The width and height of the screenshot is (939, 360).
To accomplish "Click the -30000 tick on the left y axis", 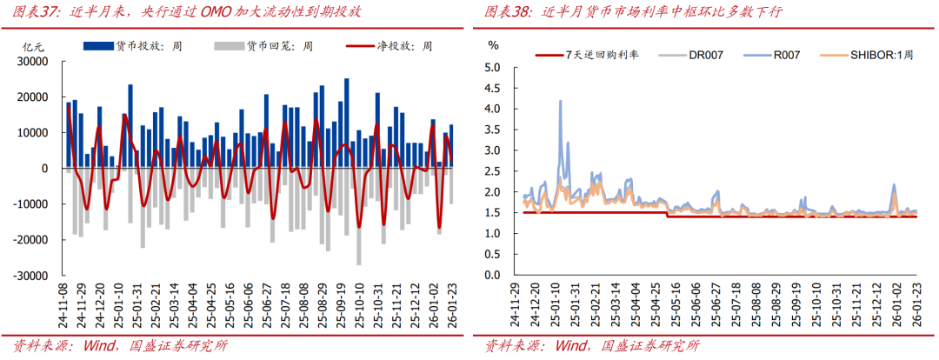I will pos(31,275).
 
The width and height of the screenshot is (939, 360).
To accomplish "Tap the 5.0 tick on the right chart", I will pos(493,67).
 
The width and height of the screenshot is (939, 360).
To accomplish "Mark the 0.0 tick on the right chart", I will pos(493,275).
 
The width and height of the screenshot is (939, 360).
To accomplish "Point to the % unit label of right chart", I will pos(493,43).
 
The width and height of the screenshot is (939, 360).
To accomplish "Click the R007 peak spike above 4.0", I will pos(559,102).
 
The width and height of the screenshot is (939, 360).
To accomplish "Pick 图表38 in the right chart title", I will pos(508,12).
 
